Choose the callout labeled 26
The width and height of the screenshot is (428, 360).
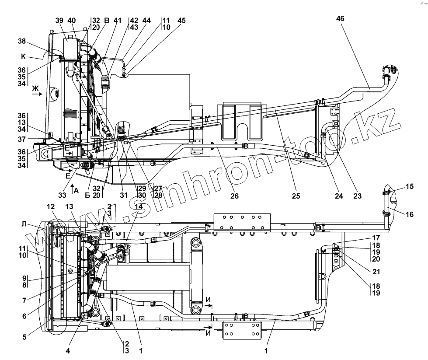point(235,196)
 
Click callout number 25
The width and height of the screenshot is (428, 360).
point(296,196)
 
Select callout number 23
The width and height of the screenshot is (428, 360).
point(358,196)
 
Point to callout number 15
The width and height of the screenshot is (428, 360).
point(410,187)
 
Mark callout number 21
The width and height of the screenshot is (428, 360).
point(376,271)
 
